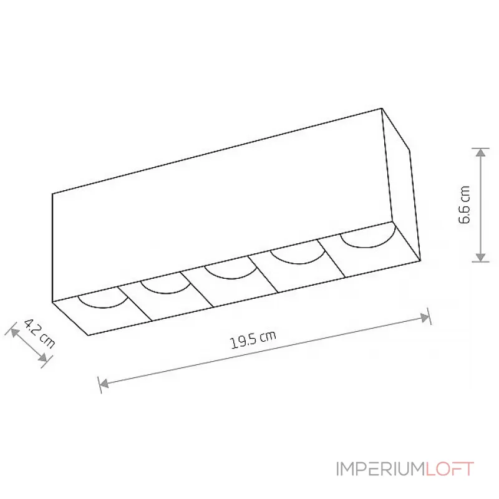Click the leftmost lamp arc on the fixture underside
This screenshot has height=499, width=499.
[102, 302]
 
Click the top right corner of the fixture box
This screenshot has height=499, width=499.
[382, 109]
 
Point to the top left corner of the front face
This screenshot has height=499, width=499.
[52, 193]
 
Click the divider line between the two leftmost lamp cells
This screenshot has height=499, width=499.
[136, 303]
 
